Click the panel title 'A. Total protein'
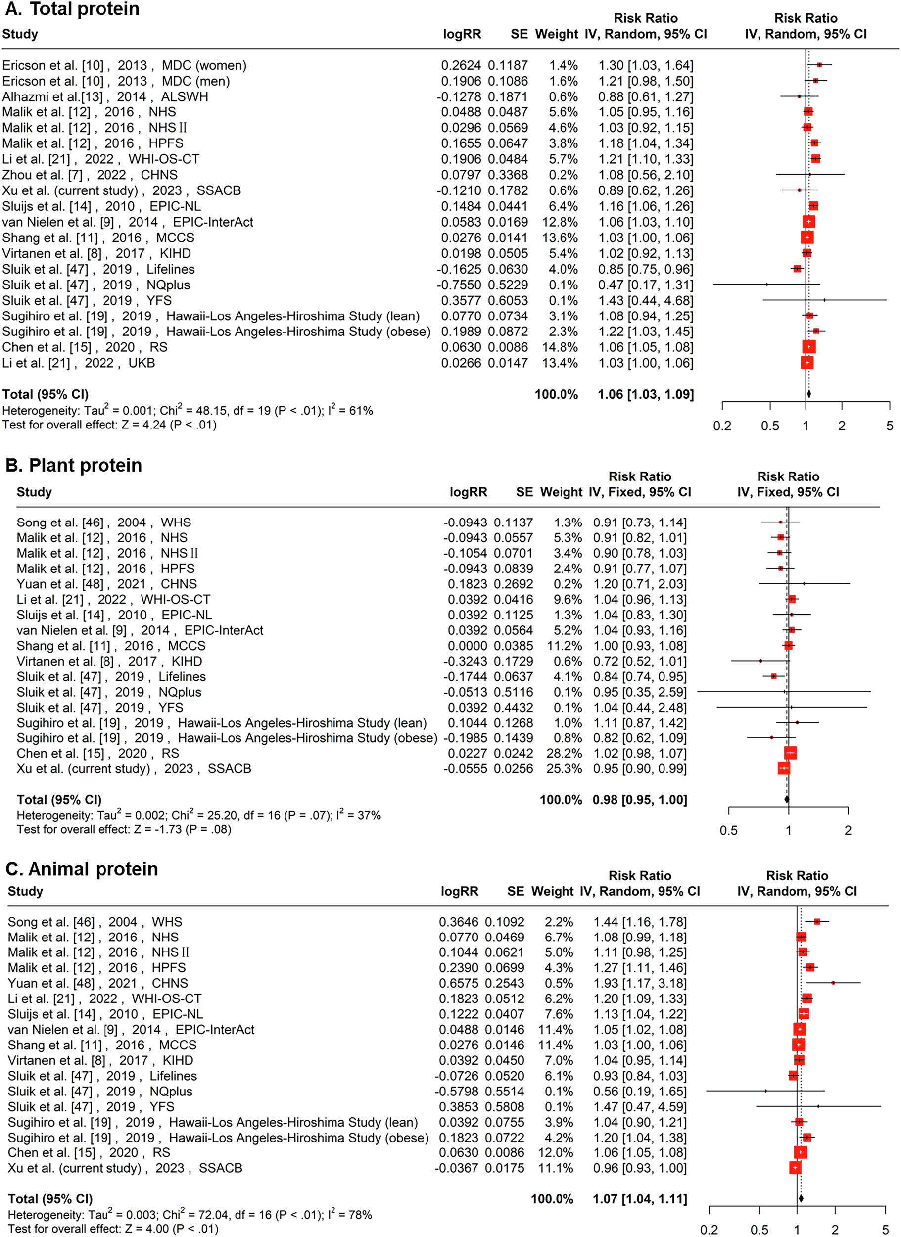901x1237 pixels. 71,9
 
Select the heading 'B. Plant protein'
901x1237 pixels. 74,465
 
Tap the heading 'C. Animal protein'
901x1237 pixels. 82,869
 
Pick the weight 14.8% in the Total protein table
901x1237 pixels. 560,347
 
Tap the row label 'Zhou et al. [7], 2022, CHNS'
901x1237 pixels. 90,175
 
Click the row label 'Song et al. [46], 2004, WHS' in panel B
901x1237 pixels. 103,523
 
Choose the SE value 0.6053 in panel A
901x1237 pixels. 508,301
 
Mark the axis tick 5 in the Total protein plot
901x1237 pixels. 890,426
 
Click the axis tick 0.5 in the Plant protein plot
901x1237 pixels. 729,831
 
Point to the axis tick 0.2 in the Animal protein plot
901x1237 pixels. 709,1230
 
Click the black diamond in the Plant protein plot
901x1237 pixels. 787,800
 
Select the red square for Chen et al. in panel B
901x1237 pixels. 790,753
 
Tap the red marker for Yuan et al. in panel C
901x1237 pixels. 833,983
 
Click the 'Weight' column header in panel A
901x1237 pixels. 556,34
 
